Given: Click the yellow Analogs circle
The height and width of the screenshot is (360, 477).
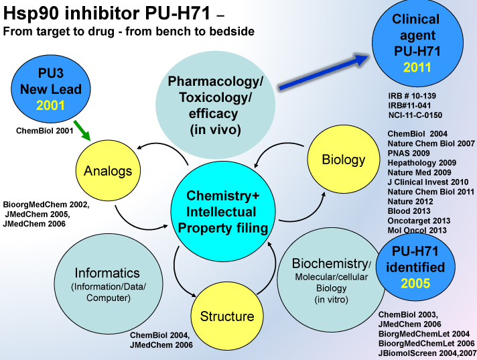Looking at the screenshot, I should (x=108, y=171).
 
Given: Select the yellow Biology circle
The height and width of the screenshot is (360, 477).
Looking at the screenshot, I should (x=343, y=160).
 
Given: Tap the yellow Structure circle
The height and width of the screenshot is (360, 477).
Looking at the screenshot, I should (x=226, y=316).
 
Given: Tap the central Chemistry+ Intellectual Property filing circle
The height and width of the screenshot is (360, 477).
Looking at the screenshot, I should (x=222, y=212).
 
